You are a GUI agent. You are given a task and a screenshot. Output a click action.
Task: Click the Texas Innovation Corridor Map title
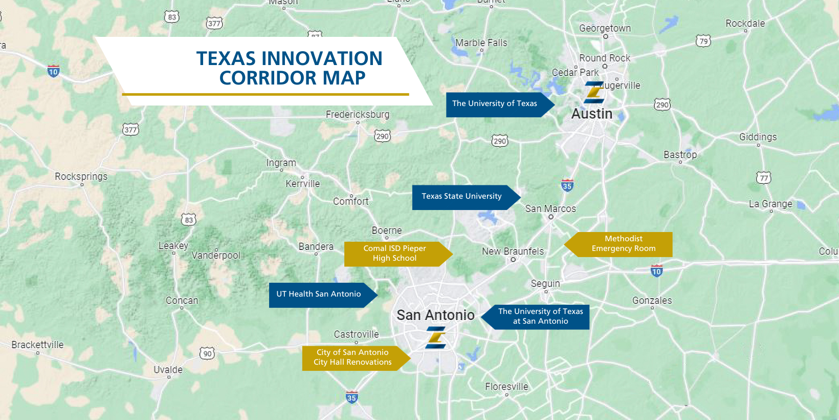(x=290, y=68)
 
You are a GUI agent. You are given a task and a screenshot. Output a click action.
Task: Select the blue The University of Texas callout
(x=495, y=104)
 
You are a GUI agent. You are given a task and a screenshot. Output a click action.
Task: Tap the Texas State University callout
(x=461, y=197)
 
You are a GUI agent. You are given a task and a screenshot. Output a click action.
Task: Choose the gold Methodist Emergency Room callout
(x=623, y=244)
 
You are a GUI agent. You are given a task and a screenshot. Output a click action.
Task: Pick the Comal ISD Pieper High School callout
(x=394, y=254)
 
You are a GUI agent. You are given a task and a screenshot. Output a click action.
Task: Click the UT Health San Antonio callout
(x=319, y=295)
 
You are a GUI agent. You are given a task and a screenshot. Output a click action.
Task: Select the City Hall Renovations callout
(x=352, y=358)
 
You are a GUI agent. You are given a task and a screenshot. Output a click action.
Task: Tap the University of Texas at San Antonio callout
(x=540, y=317)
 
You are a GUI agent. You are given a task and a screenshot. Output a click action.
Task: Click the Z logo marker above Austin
(x=594, y=92)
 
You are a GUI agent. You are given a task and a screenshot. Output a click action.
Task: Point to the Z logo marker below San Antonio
(x=436, y=339)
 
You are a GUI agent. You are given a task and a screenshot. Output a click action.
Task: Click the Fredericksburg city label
(x=358, y=115)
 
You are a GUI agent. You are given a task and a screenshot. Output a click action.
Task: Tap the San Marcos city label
(x=550, y=209)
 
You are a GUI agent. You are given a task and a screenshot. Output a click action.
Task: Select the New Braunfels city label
(x=513, y=251)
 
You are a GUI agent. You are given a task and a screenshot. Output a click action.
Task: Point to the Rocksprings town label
(x=81, y=177)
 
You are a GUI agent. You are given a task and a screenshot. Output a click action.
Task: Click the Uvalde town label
(x=168, y=370)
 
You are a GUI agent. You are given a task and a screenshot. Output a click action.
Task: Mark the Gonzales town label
(x=652, y=301)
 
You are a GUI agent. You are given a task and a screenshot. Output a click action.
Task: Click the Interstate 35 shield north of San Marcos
(x=567, y=185)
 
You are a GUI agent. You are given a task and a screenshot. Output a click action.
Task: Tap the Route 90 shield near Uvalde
(x=207, y=353)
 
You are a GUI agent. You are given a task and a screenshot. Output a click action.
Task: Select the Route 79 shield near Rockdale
(x=703, y=41)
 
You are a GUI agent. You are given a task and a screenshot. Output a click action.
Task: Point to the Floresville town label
(x=506, y=387)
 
